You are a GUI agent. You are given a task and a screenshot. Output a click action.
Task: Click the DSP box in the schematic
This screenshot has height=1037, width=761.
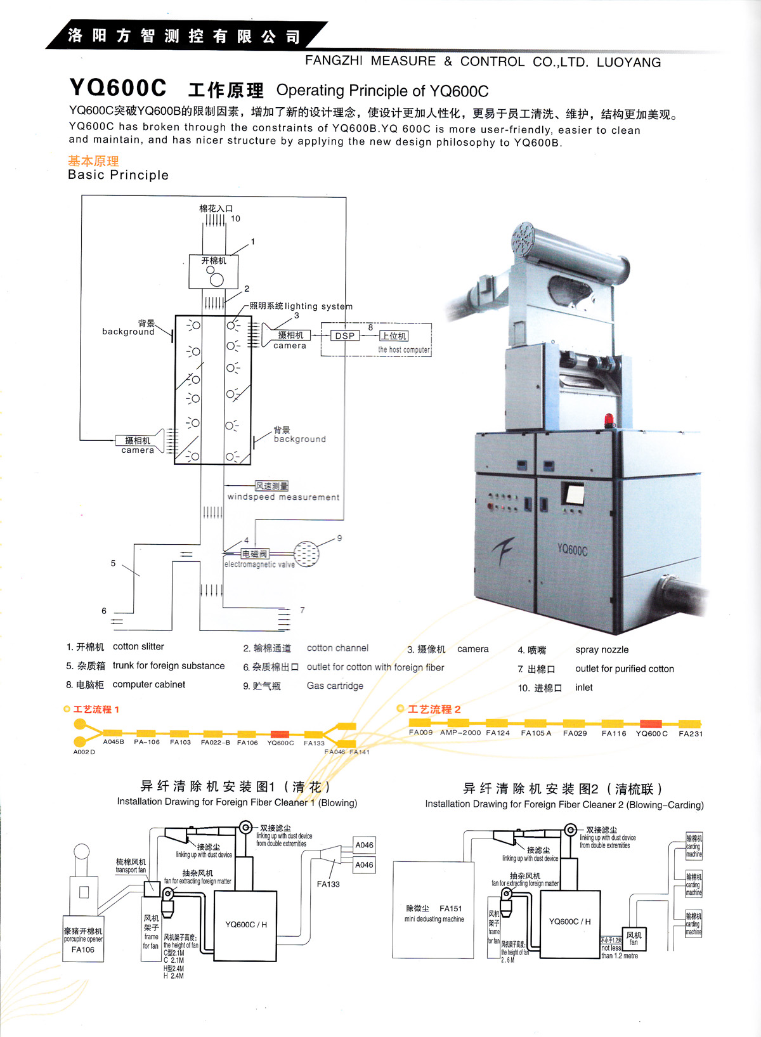(345, 336)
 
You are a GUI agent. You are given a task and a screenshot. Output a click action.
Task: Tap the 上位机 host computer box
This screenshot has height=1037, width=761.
(394, 336)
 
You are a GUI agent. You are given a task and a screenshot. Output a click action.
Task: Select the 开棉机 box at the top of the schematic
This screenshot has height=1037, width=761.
(214, 270)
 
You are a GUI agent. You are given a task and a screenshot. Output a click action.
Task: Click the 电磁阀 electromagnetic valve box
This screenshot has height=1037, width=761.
(254, 554)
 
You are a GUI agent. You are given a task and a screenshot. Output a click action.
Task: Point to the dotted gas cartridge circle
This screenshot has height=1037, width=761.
(307, 554)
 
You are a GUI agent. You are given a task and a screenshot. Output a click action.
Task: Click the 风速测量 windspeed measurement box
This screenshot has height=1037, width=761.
(271, 486)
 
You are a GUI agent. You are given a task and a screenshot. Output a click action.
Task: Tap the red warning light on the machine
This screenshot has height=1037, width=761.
(609, 420)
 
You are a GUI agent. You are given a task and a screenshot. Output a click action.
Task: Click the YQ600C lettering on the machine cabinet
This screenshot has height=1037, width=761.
(572, 550)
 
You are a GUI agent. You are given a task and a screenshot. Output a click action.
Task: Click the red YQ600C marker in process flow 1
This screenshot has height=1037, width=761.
(280, 734)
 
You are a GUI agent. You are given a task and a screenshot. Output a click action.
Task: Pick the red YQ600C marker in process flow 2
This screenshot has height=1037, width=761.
(651, 724)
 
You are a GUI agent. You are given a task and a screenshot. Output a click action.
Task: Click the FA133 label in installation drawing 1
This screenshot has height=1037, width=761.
(328, 884)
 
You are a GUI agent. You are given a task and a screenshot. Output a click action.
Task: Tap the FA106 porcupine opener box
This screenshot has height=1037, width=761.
(83, 939)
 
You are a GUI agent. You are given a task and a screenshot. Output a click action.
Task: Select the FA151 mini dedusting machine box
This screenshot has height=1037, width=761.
(434, 913)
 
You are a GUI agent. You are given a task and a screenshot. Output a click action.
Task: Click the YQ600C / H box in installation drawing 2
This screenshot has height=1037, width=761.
(569, 922)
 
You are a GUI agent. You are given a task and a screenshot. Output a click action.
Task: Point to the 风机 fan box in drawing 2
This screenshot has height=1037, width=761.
(634, 938)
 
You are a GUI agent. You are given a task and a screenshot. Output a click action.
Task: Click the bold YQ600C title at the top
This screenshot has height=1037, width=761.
(118, 88)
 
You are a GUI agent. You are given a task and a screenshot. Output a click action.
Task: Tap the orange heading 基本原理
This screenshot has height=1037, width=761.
(93, 161)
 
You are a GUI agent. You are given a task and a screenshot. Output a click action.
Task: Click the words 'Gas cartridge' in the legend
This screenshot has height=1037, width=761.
(335, 686)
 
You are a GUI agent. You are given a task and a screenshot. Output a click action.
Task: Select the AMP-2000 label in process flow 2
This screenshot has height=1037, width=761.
(460, 733)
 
